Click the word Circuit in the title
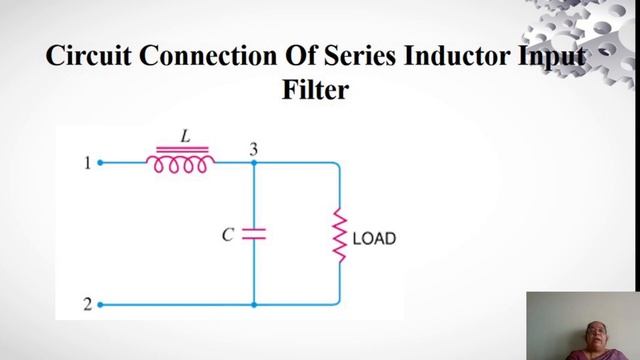coord(89,56)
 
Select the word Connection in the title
coord(208,56)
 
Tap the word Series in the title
coord(360,56)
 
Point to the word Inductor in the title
coord(457,56)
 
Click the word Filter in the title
coord(316,89)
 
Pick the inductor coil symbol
coord(180,160)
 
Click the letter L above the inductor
coord(186,136)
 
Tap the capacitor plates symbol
coord(254,234)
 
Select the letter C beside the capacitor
coord(228,235)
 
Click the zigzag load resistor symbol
coord(340,235)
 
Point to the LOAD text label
coord(374,239)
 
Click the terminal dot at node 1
coord(100,163)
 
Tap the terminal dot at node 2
coord(100,304)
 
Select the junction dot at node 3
coord(254,163)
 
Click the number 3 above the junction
coord(254,149)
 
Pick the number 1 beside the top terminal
coord(87,163)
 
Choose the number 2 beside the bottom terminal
coord(88,304)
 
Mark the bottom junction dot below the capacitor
coord(254,304)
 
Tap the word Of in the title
coord(301,56)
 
